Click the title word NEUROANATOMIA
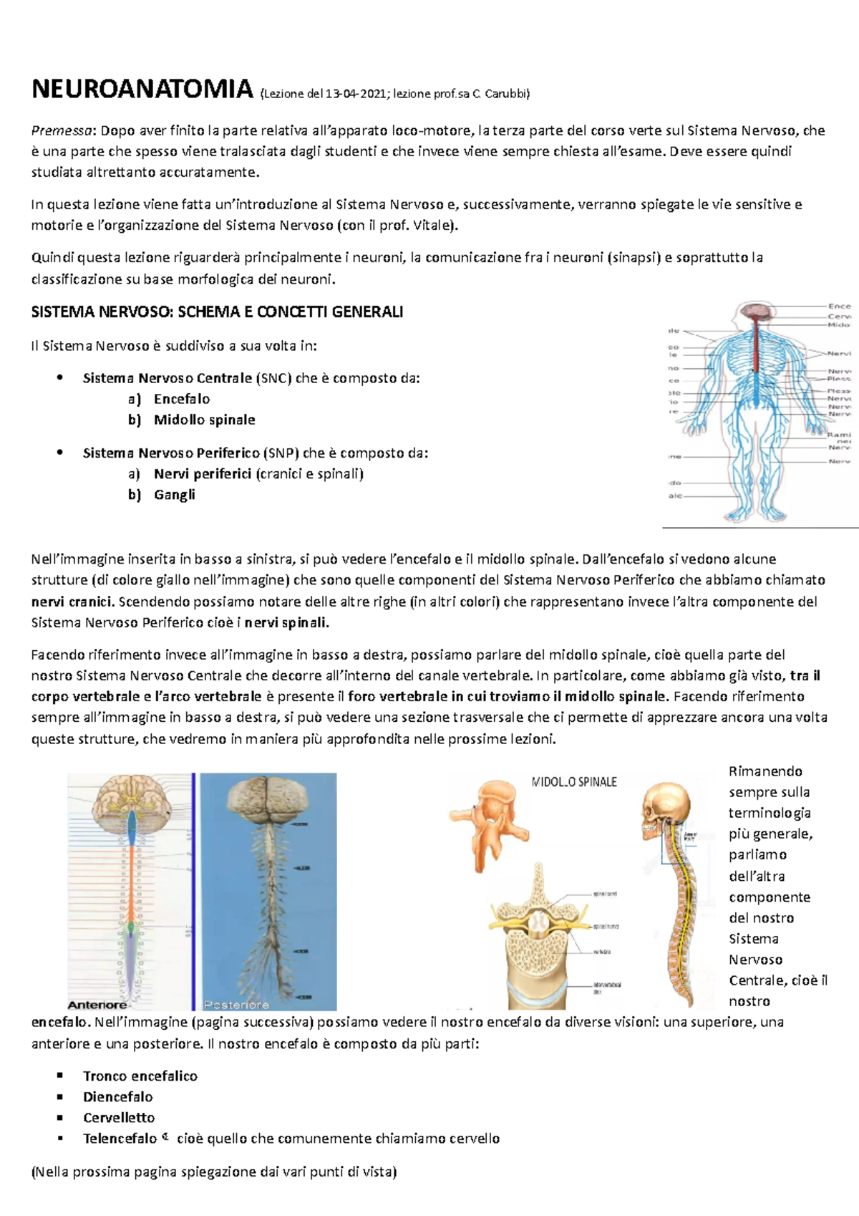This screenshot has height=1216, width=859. click(x=142, y=90)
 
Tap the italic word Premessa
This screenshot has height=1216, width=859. click(x=62, y=130)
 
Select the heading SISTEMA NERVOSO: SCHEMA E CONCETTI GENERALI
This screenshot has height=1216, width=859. click(x=217, y=312)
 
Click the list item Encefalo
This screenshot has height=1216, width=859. click(x=182, y=399)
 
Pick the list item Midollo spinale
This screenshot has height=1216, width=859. click(x=204, y=420)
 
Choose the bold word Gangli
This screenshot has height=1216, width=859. click(x=175, y=494)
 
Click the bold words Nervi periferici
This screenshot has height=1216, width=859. click(x=203, y=473)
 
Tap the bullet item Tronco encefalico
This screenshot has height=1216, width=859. click(x=140, y=1076)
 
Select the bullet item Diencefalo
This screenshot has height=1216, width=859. click(x=118, y=1096)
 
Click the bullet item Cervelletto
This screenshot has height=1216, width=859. click(x=119, y=1117)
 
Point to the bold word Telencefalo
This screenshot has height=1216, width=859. click(x=120, y=1138)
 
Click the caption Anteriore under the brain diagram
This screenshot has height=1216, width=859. click(x=97, y=1005)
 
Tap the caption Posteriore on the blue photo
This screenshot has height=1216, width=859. click(x=236, y=1005)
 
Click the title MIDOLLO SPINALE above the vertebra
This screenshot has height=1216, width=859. click(x=574, y=782)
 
